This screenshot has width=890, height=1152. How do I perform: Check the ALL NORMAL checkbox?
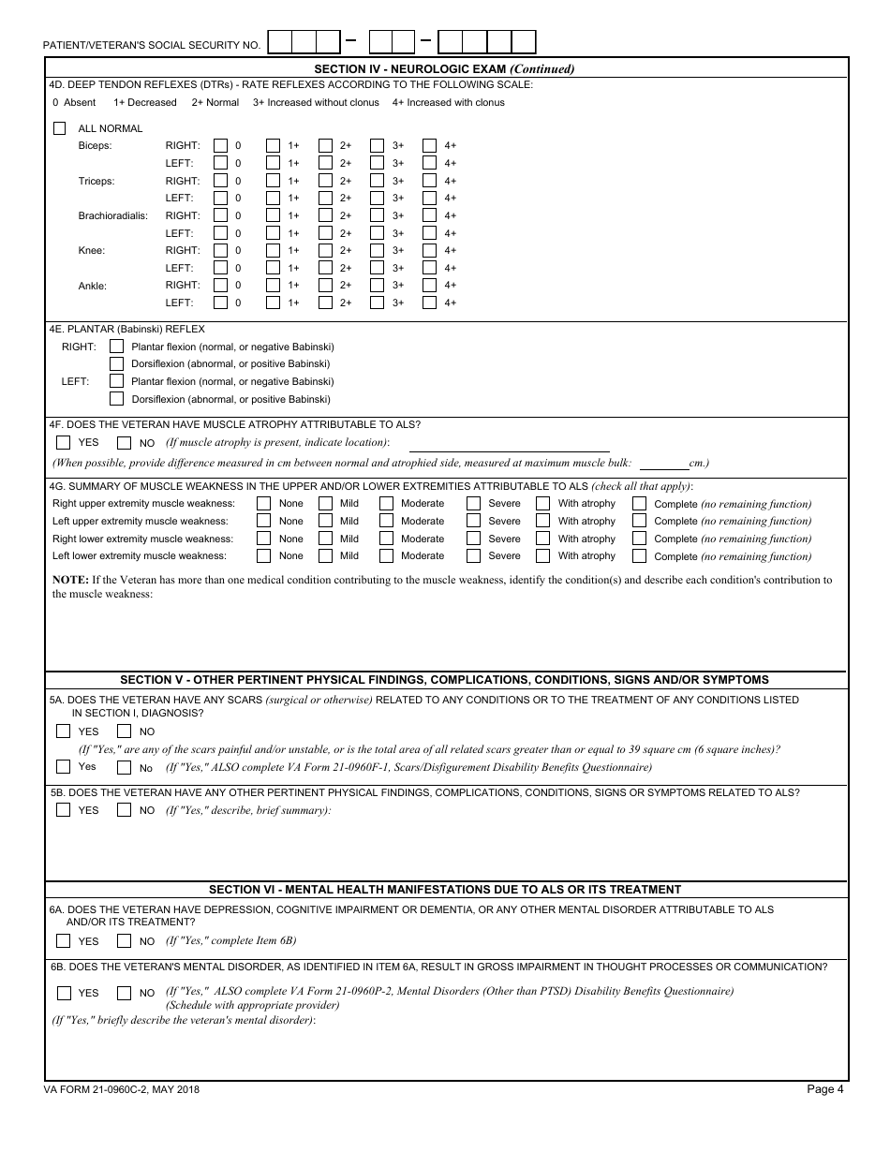[x=60, y=128]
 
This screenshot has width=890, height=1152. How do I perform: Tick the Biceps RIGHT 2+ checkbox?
[x=325, y=146]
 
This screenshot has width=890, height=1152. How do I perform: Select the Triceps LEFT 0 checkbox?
[x=220, y=199]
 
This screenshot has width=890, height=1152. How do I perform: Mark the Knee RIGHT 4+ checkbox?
[x=429, y=251]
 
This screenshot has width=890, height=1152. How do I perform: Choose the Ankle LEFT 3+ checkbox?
[x=377, y=303]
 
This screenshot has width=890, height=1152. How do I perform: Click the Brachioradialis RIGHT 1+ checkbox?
[x=273, y=215]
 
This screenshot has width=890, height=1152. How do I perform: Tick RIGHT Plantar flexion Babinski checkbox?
[x=117, y=347]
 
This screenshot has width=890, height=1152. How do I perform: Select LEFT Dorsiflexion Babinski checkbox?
[x=117, y=399]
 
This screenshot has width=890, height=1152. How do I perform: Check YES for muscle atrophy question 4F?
[x=64, y=443]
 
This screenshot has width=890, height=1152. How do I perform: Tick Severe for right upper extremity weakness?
[x=474, y=504]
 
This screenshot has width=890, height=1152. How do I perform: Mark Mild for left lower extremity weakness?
[x=325, y=556]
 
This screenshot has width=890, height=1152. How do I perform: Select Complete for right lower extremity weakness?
[x=639, y=539]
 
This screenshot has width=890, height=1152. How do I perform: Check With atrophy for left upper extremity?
[x=543, y=521]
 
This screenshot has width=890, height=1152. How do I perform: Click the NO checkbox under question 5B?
[x=124, y=810]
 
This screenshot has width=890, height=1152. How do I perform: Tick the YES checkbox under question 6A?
[x=64, y=941]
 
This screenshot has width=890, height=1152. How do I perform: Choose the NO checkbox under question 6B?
[x=124, y=993]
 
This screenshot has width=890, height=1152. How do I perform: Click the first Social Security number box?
[x=279, y=42]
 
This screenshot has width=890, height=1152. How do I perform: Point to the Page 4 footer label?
[x=824, y=1088]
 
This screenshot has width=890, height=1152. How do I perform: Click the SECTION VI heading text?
[x=445, y=890]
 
